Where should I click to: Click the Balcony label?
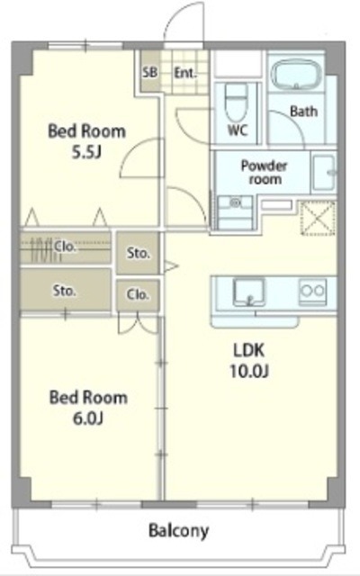pos(178,531)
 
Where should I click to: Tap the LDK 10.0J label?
pos(249,360)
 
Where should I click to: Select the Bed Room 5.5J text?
pos(86,141)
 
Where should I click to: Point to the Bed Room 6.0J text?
pos(88,408)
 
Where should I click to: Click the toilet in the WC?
pos(236,103)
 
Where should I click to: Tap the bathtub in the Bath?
pos(296,75)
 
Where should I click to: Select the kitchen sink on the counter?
pos(249,292)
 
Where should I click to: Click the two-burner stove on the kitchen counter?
pos(312,292)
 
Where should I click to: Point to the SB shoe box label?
pos(149,72)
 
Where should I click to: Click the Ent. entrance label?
pos(185,73)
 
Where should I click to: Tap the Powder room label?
pos(264,172)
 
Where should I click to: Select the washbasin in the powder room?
pos(325,172)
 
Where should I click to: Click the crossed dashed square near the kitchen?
pos(318,218)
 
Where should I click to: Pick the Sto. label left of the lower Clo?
pos(65,291)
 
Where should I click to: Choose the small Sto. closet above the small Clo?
pos(138,253)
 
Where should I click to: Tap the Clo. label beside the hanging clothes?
pos(65,246)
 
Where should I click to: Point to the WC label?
pos(238,130)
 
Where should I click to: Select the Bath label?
pos(303,111)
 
